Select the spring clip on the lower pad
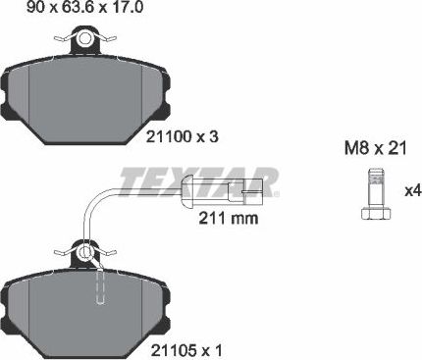(87, 254)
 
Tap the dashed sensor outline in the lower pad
(100, 286)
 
